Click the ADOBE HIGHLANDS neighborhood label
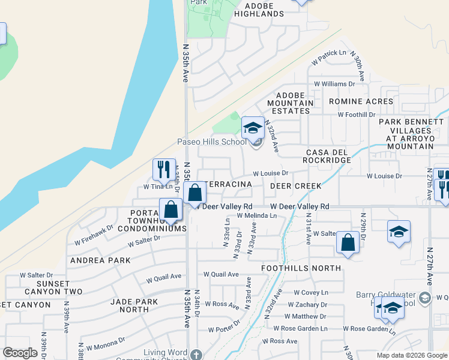[259, 10]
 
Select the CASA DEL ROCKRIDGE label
[327, 157]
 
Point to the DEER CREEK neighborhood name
[300, 186]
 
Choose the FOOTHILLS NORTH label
[301, 268]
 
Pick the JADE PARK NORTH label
[130, 306]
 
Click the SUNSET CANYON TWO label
[51, 287]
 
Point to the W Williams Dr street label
[334, 84]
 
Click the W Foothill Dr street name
[356, 114]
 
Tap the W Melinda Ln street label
[256, 215]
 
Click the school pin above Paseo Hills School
[253, 127]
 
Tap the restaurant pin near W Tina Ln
[164, 169]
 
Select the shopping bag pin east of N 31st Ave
[348, 242]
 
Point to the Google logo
[20, 353]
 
